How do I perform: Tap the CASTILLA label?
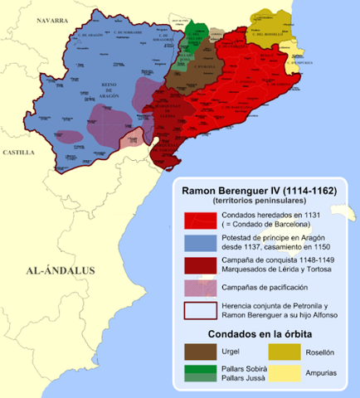pos(19,153)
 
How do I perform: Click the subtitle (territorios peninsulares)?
pos(259,201)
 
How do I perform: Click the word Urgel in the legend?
pos(224,352)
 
